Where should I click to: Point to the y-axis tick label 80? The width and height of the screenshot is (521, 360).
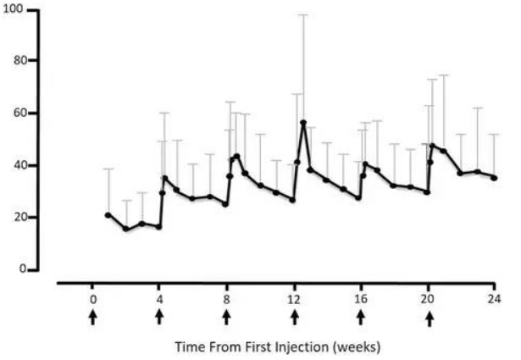pyautogui.click(x=16, y=61)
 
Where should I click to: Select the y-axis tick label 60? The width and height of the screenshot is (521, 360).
pyautogui.click(x=16, y=114)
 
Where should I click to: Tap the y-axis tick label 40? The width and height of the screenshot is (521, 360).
pyautogui.click(x=16, y=165)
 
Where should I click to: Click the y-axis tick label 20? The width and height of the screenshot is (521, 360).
pyautogui.click(x=16, y=218)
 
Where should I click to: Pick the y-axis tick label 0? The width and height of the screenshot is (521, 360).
pyautogui.click(x=19, y=269)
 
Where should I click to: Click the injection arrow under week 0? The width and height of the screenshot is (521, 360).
pyautogui.click(x=92, y=318)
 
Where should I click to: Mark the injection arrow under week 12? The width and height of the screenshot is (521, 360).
pyautogui.click(x=295, y=318)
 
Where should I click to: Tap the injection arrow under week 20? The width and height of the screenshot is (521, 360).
pyautogui.click(x=430, y=318)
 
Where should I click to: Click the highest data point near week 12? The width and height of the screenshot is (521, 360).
pyautogui.click(x=303, y=123)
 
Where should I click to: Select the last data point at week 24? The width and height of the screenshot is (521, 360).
pyautogui.click(x=494, y=178)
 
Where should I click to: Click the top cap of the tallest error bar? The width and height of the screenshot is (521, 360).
pyautogui.click(x=303, y=14)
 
